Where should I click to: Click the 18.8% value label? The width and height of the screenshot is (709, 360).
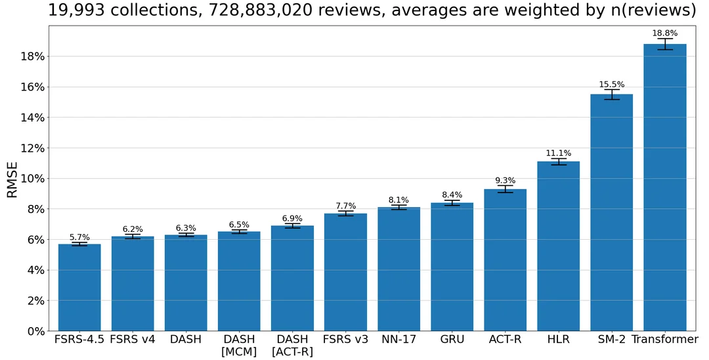pos(664,33)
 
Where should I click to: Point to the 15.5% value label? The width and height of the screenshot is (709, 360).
pos(611,85)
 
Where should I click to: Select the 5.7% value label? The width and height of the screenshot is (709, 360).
pos(79,237)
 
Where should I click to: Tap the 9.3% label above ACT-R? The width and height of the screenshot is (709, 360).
pos(505,181)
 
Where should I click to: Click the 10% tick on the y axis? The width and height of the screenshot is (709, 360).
pos(30,179)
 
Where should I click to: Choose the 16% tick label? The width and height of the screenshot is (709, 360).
pos(30,87)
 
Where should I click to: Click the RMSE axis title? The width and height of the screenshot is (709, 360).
pos(12,179)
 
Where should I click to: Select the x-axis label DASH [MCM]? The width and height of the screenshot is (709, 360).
pos(239,346)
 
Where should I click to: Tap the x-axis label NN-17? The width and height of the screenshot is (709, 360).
pos(398,340)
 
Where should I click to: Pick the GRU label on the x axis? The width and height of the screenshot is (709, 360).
pos(452,340)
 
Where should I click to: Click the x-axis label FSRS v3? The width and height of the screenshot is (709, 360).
pos(345,340)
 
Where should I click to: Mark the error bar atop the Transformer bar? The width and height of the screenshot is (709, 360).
pos(664,44)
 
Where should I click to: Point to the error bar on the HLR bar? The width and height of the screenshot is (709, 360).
pos(558,162)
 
